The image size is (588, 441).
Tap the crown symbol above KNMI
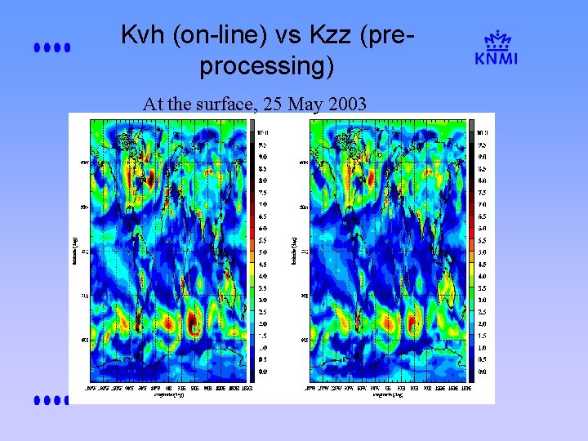click(497, 39)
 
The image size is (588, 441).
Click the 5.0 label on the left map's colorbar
click(264, 252)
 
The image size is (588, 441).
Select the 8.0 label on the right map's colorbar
click(482, 180)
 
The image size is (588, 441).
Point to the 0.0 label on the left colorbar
click(264, 372)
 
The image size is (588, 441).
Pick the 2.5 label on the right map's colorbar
click(482, 311)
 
